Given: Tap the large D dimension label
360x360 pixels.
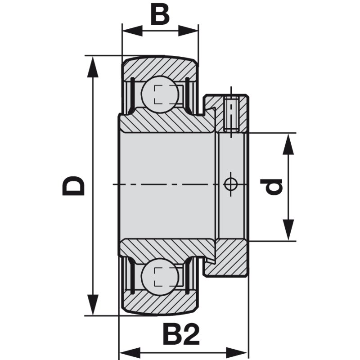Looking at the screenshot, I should [x=73, y=185].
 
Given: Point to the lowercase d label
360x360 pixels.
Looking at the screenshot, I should [x=272, y=186].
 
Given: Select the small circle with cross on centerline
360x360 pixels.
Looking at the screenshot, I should [x=230, y=184].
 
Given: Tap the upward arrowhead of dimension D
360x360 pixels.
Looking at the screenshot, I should [x=93, y=66].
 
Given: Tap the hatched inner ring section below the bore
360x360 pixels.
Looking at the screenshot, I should [x=166, y=247].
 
